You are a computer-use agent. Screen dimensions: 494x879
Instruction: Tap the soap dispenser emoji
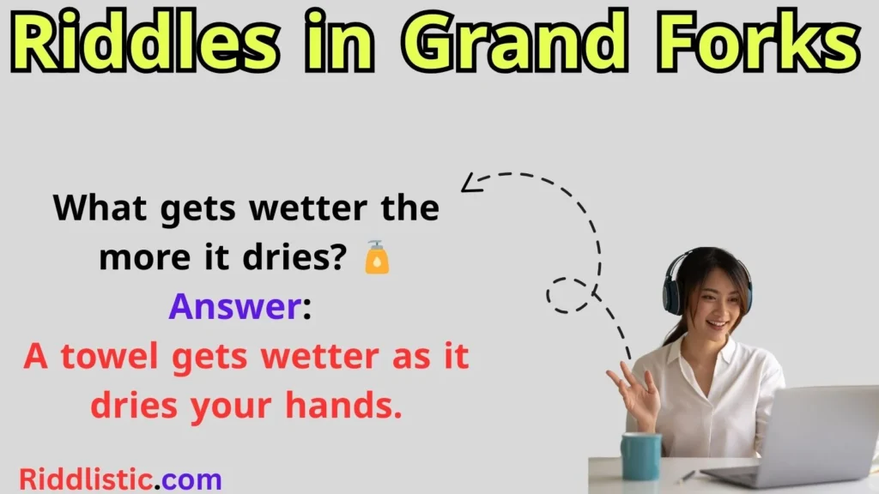pos(377,257)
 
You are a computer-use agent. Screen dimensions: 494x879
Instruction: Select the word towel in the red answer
pos(112,355)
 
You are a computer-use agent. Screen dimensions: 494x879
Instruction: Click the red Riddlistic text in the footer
pos(85,478)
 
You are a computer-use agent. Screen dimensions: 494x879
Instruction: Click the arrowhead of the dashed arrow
pos(470,183)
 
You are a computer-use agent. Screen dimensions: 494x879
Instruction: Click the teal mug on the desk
pos(641,455)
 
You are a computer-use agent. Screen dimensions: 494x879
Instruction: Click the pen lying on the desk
pos(688,475)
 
